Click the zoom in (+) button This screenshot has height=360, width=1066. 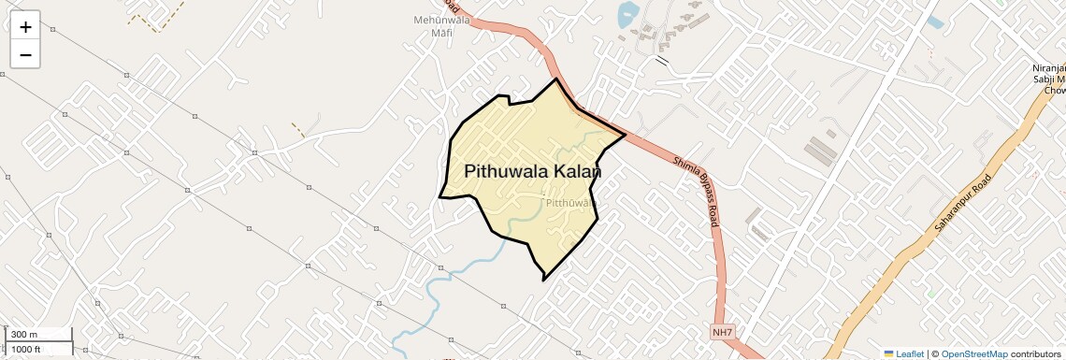coord(25,26)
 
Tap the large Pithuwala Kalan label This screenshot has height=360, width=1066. coord(532,172)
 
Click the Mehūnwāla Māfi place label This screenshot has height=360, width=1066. coord(440,25)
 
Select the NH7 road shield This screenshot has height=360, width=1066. coord(722,332)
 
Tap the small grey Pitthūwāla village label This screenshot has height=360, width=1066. coord(569,202)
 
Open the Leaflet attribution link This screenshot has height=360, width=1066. coord(910,353)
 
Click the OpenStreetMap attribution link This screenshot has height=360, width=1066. coord(973,353)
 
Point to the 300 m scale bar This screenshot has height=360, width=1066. coord(37,335)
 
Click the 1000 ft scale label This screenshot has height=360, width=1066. coord(26,349)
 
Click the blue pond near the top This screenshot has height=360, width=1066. coord(627,13)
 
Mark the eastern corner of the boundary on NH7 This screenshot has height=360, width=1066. coord(625,135)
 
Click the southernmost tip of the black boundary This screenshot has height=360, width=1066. coord(543,279)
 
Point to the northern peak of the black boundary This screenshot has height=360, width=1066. coord(557,79)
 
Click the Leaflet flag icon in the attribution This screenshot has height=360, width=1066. coord(888,353)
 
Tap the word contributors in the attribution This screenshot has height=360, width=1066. coord(1035,353)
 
